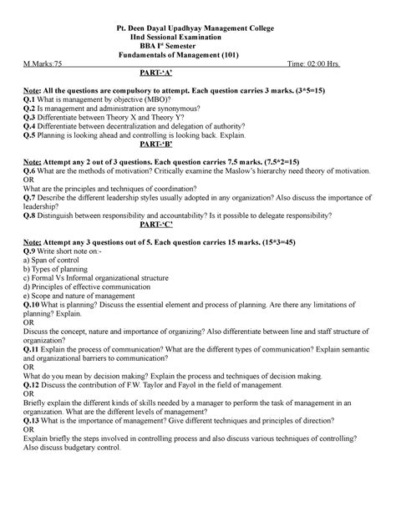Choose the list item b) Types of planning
pos(59,269)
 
